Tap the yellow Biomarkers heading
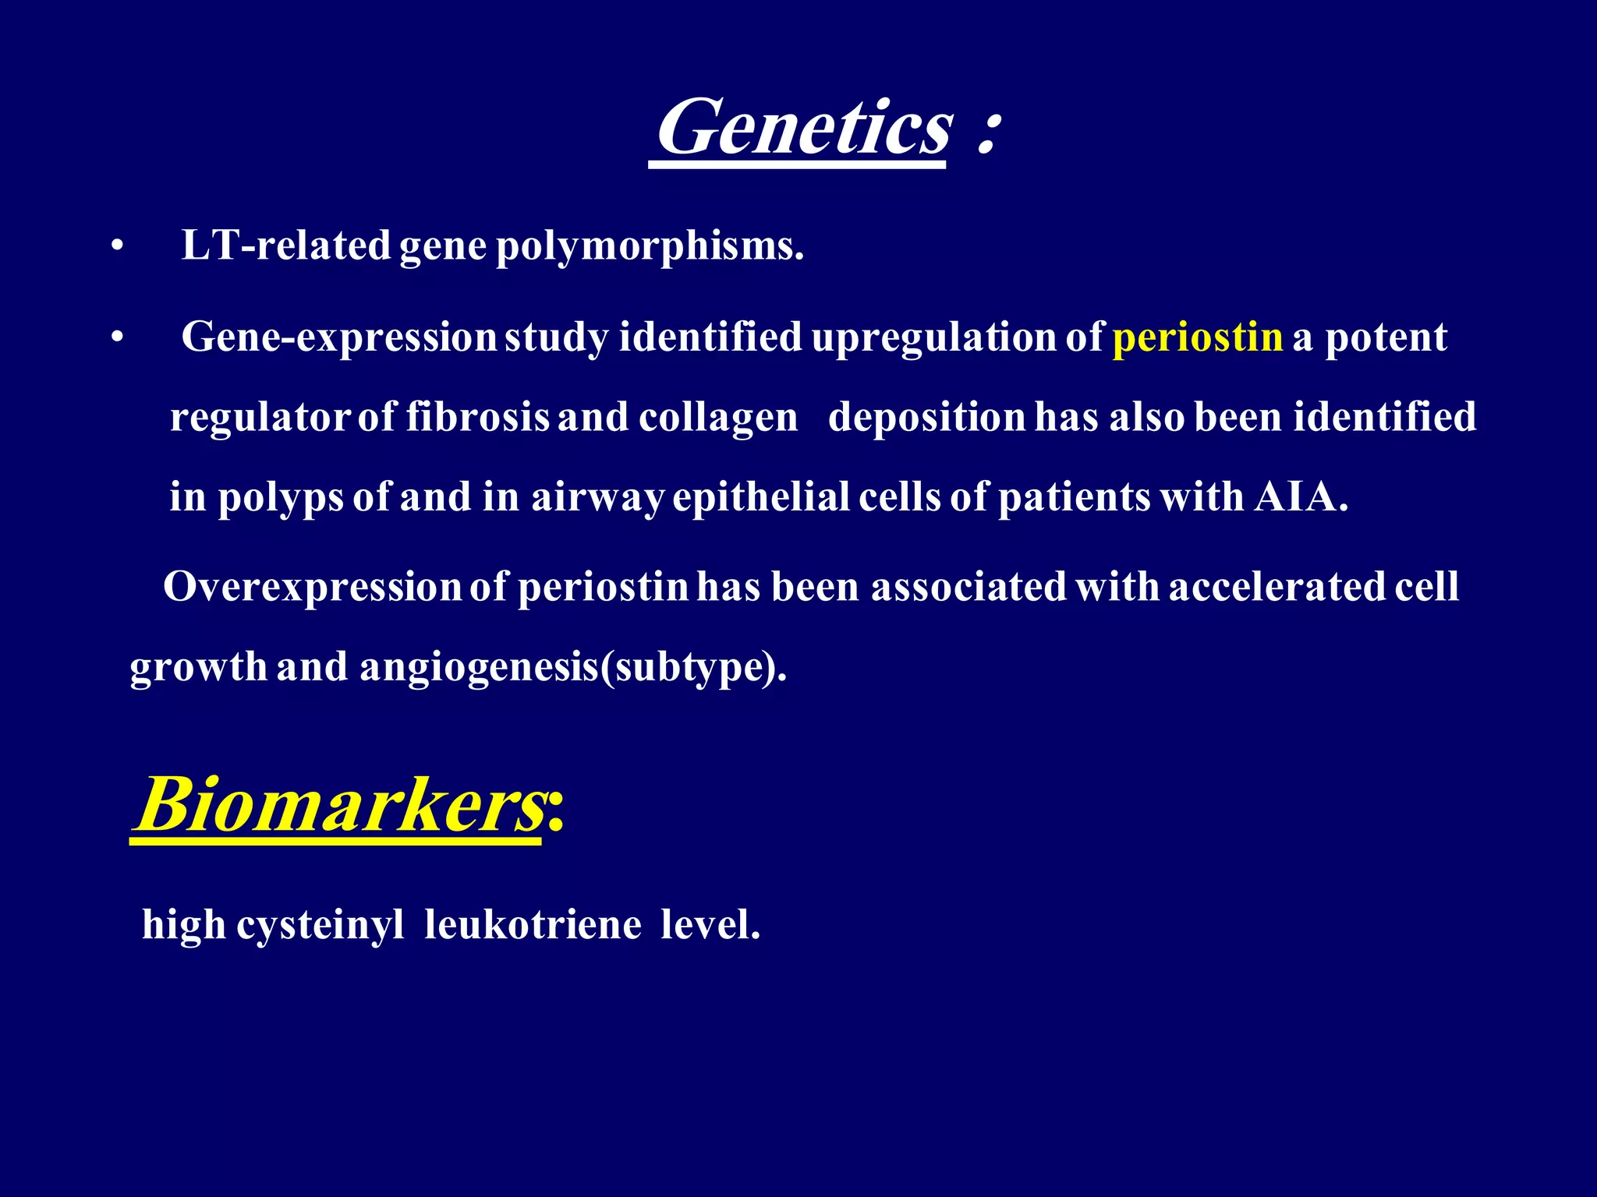click(x=340, y=804)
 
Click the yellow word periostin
click(x=1197, y=337)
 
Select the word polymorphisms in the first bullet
click(x=650, y=246)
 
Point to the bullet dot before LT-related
click(x=117, y=247)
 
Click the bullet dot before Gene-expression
click(x=117, y=338)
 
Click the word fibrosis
click(x=477, y=417)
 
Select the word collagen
click(x=718, y=418)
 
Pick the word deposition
click(x=926, y=417)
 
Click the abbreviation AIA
click(x=1300, y=497)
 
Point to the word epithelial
click(x=761, y=497)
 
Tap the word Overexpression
click(x=313, y=587)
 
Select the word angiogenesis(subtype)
click(x=573, y=667)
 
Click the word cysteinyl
click(x=320, y=926)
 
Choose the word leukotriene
click(x=533, y=926)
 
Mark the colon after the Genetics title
click(x=987, y=133)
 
